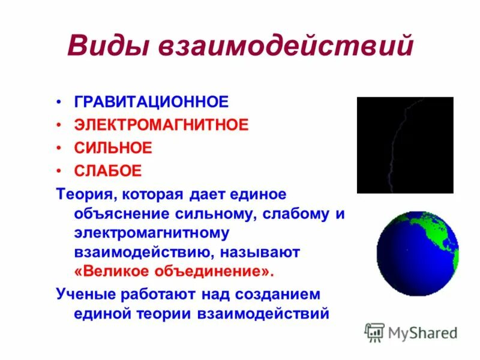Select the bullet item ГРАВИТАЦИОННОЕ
click(151, 101)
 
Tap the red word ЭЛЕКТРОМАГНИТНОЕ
click(161, 125)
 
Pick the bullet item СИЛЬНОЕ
click(113, 148)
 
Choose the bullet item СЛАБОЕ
click(108, 171)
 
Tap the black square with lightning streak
click(405, 145)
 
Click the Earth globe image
click(417, 253)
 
